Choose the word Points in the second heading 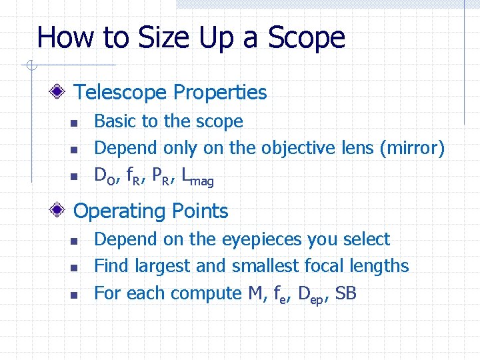tap(198, 211)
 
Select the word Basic tap(115, 121)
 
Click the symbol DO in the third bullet tap(103, 176)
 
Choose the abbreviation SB tap(347, 293)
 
